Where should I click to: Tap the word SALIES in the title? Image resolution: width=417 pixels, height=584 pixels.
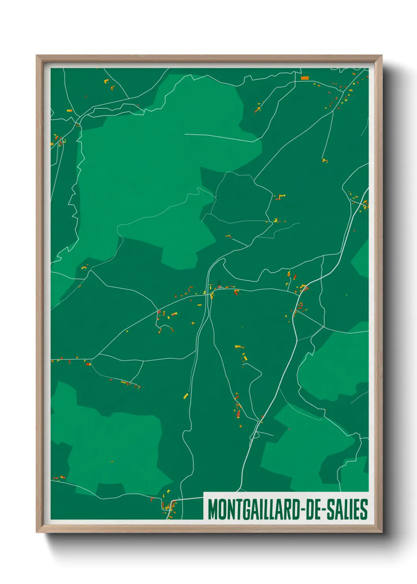347,509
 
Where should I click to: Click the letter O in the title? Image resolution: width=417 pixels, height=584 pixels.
220,509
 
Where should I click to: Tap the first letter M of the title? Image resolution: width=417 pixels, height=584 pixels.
212,509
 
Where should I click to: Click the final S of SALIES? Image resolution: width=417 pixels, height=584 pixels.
364,509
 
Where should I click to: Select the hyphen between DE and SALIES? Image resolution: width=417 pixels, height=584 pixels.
323,510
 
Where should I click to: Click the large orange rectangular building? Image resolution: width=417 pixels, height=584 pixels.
305,78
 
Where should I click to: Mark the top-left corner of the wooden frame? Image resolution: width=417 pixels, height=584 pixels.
37,56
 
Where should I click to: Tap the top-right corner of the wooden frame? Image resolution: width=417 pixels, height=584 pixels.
382,56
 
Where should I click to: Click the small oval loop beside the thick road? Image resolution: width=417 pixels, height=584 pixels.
255,436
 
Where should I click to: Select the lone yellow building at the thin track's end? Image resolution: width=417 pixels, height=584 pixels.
186,396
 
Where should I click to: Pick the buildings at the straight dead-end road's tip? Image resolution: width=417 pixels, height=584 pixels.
325,161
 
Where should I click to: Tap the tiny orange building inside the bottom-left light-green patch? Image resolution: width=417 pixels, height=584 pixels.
112,461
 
